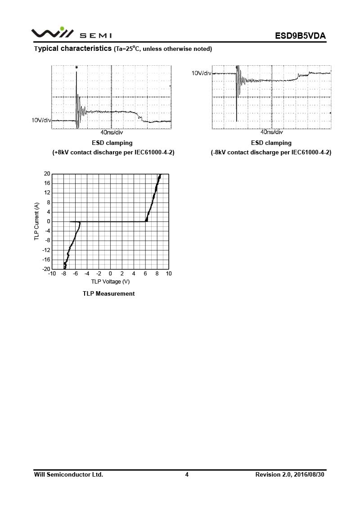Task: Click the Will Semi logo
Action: pos(71,34)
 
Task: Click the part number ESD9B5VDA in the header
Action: pos(300,36)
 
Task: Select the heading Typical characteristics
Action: pos(73,48)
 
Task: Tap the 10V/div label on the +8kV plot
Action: pos(41,120)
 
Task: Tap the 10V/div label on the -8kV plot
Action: pos(201,73)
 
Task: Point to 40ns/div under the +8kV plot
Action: pos(111,133)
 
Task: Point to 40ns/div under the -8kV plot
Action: pos(272,132)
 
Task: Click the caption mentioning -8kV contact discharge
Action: pos(271,153)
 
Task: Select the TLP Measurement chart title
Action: pos(108,293)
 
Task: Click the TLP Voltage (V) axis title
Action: pos(110,282)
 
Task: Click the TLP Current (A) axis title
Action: pos(37,221)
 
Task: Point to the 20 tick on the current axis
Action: pos(47,174)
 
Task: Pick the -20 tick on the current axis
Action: pos(45,269)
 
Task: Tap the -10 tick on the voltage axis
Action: pos(52,274)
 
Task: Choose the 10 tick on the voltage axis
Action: pos(169,274)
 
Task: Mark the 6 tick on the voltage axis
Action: pos(145,274)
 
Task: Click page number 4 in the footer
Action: pos(187,474)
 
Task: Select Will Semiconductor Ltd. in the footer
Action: pos(68,474)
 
